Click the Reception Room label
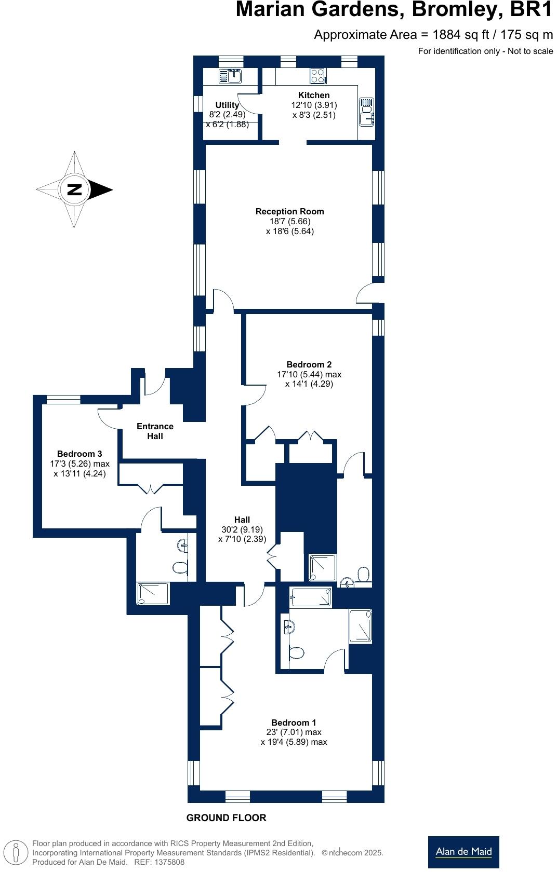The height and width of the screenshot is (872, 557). click(289, 212)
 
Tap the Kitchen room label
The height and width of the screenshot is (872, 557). click(314, 96)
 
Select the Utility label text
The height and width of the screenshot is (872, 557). click(227, 105)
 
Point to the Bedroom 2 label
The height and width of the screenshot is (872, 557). click(309, 365)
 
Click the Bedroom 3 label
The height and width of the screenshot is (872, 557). click(79, 454)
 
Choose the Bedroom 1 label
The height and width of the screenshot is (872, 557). click(294, 723)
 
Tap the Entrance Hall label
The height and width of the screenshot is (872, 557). click(155, 431)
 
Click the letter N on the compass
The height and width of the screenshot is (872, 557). click(75, 189)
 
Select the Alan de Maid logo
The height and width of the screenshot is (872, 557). click(463, 852)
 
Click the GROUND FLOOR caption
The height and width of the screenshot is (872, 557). click(226, 818)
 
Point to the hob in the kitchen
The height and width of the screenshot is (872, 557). click(317, 76)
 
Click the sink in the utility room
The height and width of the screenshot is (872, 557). click(230, 76)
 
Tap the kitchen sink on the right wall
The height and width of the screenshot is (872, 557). click(366, 112)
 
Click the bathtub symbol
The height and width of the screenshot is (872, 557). click(311, 597)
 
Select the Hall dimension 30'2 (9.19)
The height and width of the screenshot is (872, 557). click(242, 529)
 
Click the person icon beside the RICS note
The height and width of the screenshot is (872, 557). click(16, 853)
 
